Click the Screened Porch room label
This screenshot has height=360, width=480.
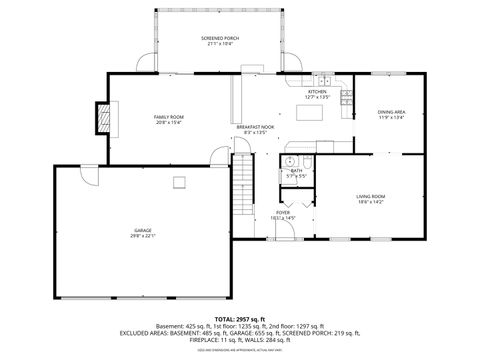click(x=218, y=41)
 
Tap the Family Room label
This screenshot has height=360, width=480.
click(x=168, y=119)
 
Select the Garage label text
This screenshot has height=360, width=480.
click(x=143, y=233)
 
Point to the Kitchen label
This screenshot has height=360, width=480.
click(x=318, y=94)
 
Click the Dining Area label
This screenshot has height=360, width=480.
click(x=391, y=114)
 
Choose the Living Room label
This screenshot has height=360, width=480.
click(x=371, y=198)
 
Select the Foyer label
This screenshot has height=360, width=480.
click(x=283, y=214)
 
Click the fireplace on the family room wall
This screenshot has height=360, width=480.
click(x=100, y=119)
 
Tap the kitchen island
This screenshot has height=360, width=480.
click(x=319, y=112)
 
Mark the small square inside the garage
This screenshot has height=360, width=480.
click(x=180, y=182)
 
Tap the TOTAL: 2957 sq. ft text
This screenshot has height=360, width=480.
click(x=239, y=317)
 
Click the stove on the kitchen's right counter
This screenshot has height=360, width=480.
click(x=346, y=97)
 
